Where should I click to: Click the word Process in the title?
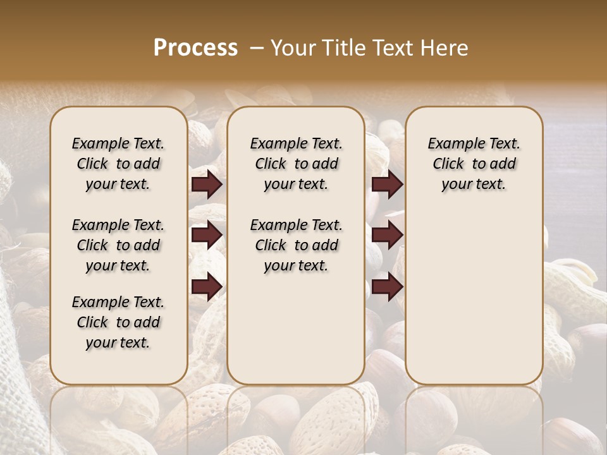[x=195, y=48]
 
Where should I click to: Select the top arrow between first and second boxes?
[x=207, y=185]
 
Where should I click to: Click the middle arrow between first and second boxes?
[x=207, y=236]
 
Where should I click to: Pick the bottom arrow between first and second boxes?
[x=207, y=288]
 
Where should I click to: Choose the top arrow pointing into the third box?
[x=387, y=185]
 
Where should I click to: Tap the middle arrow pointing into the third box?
[x=387, y=236]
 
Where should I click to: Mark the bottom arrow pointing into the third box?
[x=387, y=288]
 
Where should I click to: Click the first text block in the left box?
[x=118, y=164]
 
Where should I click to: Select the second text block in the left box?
[x=118, y=245]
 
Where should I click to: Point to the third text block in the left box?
[x=118, y=322]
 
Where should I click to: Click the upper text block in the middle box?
[x=296, y=164]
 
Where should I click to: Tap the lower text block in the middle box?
[x=296, y=245]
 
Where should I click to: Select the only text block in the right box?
[x=474, y=164]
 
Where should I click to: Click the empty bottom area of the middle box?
[x=296, y=335]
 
